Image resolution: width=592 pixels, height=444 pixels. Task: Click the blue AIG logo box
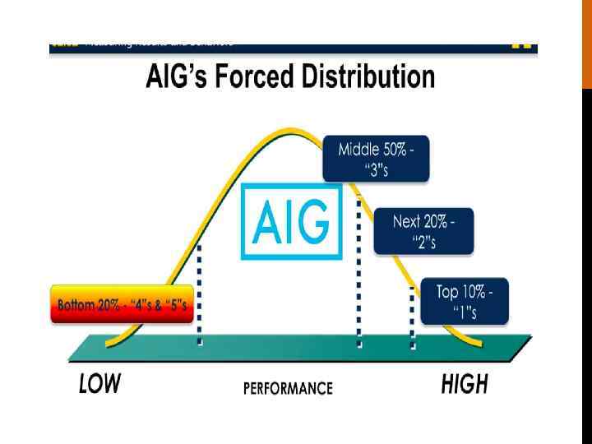[x=291, y=221]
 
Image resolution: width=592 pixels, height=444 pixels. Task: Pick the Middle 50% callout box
[x=377, y=158]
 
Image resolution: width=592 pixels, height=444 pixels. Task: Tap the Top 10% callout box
[x=465, y=302]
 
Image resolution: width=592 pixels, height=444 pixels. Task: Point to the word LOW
[x=99, y=384]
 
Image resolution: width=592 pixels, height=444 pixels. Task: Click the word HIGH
[x=465, y=384]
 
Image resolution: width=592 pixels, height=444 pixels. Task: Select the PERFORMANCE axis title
[x=288, y=388]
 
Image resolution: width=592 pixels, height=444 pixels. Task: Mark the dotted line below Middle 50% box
[x=358, y=271]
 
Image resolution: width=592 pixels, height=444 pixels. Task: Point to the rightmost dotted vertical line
[x=413, y=317]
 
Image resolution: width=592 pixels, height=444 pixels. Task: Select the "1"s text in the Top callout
[x=465, y=312]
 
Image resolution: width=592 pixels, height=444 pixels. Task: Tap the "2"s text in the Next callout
[x=423, y=242]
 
